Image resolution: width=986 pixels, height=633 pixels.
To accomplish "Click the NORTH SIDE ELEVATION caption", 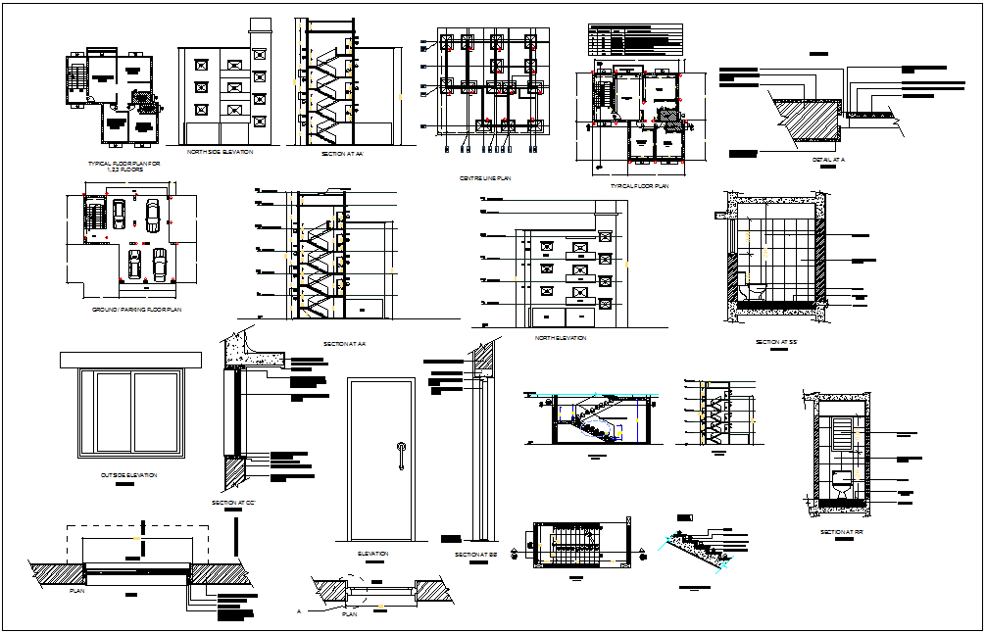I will click(x=221, y=152).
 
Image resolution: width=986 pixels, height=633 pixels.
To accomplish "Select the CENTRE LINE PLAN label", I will click(x=484, y=178).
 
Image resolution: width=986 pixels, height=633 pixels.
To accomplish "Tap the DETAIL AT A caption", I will click(x=829, y=159).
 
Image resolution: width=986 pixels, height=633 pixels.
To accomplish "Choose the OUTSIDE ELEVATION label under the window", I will click(x=128, y=475).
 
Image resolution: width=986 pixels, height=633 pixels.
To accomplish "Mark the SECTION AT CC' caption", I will click(x=233, y=503).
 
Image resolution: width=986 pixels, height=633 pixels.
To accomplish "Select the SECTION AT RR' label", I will click(x=842, y=532).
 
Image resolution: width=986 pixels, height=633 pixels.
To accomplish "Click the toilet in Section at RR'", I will click(x=840, y=482).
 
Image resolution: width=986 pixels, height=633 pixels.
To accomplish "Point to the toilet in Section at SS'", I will click(x=758, y=292).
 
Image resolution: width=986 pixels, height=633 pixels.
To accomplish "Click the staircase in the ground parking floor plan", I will click(x=94, y=216).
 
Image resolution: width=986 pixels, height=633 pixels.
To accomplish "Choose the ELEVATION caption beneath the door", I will click(x=372, y=554).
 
